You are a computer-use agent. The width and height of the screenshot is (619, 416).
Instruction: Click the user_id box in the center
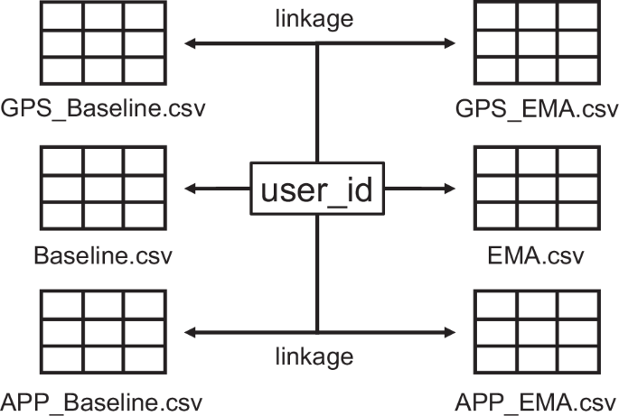click(x=316, y=190)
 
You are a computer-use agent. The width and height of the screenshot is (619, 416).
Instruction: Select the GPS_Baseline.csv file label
click(x=103, y=110)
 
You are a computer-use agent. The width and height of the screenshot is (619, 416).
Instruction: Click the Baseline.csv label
click(x=103, y=254)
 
